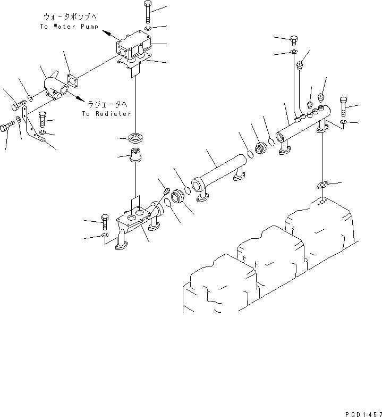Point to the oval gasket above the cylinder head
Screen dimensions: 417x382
321,185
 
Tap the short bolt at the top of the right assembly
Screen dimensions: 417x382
294,39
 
